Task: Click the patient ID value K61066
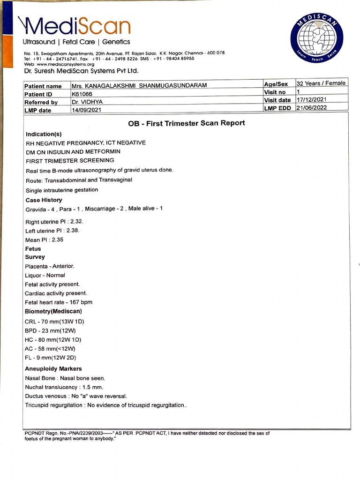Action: [x=82, y=94]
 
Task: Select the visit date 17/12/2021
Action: [x=312, y=100]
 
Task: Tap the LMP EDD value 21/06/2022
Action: [x=312, y=108]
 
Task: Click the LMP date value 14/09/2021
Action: [x=86, y=110]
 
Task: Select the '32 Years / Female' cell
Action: [x=321, y=83]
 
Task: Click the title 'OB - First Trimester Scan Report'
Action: [x=186, y=123]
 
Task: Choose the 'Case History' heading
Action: [x=44, y=200]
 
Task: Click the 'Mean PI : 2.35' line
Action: [x=44, y=240]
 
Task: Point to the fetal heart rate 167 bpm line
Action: [x=59, y=302]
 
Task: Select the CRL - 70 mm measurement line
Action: [x=54, y=321]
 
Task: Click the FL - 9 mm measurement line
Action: [x=53, y=358]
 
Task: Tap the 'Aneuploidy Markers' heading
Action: [x=53, y=368]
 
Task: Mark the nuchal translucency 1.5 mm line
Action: [x=64, y=387]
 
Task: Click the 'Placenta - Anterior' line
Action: [x=49, y=266]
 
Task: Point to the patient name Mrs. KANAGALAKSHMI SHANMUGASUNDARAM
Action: [x=139, y=85]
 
